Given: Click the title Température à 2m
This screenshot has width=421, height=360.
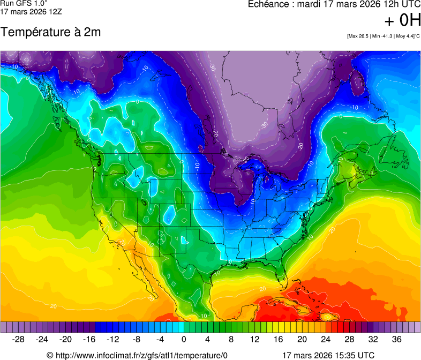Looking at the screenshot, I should [x=51, y=32].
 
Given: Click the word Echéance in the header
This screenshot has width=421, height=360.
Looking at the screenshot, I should [x=268, y=4].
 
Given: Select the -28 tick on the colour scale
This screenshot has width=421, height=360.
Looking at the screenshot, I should [x=19, y=339].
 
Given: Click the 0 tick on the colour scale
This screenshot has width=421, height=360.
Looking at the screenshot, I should [x=184, y=339].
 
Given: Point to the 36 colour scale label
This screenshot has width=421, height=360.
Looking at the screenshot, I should [x=396, y=339].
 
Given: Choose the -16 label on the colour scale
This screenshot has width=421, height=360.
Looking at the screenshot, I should [x=89, y=339].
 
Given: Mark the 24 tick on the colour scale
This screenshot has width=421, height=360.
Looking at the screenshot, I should [x=326, y=339].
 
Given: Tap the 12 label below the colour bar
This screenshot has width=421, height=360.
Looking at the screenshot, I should [x=255, y=339].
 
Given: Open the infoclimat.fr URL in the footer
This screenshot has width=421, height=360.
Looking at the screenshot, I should [x=142, y=355].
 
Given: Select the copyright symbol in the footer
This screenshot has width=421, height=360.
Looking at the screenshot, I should [x=50, y=355].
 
